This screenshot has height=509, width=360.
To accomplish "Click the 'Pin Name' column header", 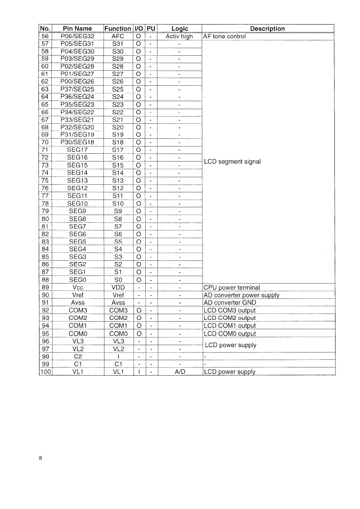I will (x=77, y=29).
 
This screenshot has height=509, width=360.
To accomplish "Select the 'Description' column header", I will (x=267, y=29).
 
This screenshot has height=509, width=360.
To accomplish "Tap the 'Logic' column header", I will (x=179, y=29).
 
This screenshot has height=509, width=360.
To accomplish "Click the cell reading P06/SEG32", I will (x=77, y=36).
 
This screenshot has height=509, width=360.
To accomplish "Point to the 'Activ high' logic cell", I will (x=179, y=36).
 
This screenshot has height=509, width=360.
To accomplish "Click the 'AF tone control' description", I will (x=225, y=36).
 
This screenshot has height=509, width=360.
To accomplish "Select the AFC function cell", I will (x=118, y=36).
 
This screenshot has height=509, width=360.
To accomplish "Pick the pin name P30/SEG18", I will (x=77, y=142).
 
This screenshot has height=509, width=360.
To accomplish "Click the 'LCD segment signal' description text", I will (x=232, y=162).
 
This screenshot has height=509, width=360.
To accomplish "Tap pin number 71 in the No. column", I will (x=45, y=150).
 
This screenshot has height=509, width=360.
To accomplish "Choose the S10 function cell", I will (x=118, y=203).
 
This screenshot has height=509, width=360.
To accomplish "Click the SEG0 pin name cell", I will (x=77, y=279).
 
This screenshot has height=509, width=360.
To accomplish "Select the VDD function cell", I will (x=118, y=287).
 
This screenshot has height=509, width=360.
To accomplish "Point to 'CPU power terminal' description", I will (x=232, y=287).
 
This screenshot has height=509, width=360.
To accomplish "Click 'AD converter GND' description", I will (x=230, y=303).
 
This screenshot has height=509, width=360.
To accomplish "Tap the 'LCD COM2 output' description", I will (x=230, y=318).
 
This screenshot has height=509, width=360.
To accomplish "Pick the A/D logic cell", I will (x=179, y=372).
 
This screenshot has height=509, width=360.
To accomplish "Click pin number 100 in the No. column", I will (x=45, y=372).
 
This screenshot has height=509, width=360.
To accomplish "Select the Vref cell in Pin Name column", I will (x=77, y=295).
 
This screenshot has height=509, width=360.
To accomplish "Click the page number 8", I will (x=41, y=458).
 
